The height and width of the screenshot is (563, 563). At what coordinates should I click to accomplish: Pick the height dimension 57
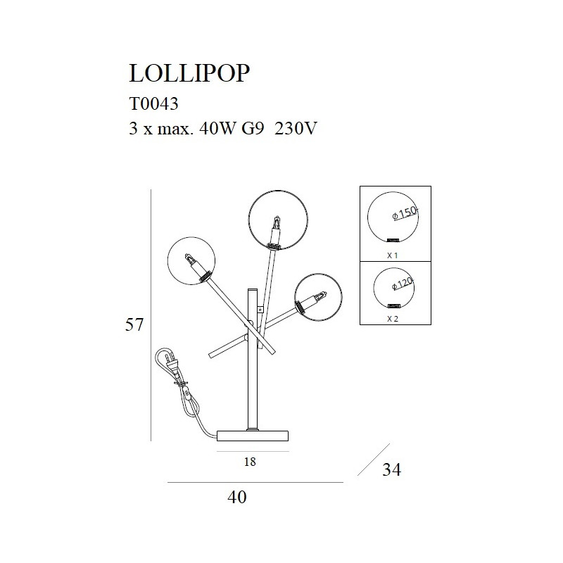134,325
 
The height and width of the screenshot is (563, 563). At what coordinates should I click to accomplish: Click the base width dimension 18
249,462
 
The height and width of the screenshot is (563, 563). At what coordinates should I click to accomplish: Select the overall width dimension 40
238,498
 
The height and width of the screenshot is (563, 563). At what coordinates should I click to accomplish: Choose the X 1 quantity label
393,255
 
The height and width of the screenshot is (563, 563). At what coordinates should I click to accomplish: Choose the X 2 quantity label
393,319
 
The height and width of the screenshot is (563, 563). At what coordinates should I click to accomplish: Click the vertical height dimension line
153,317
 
